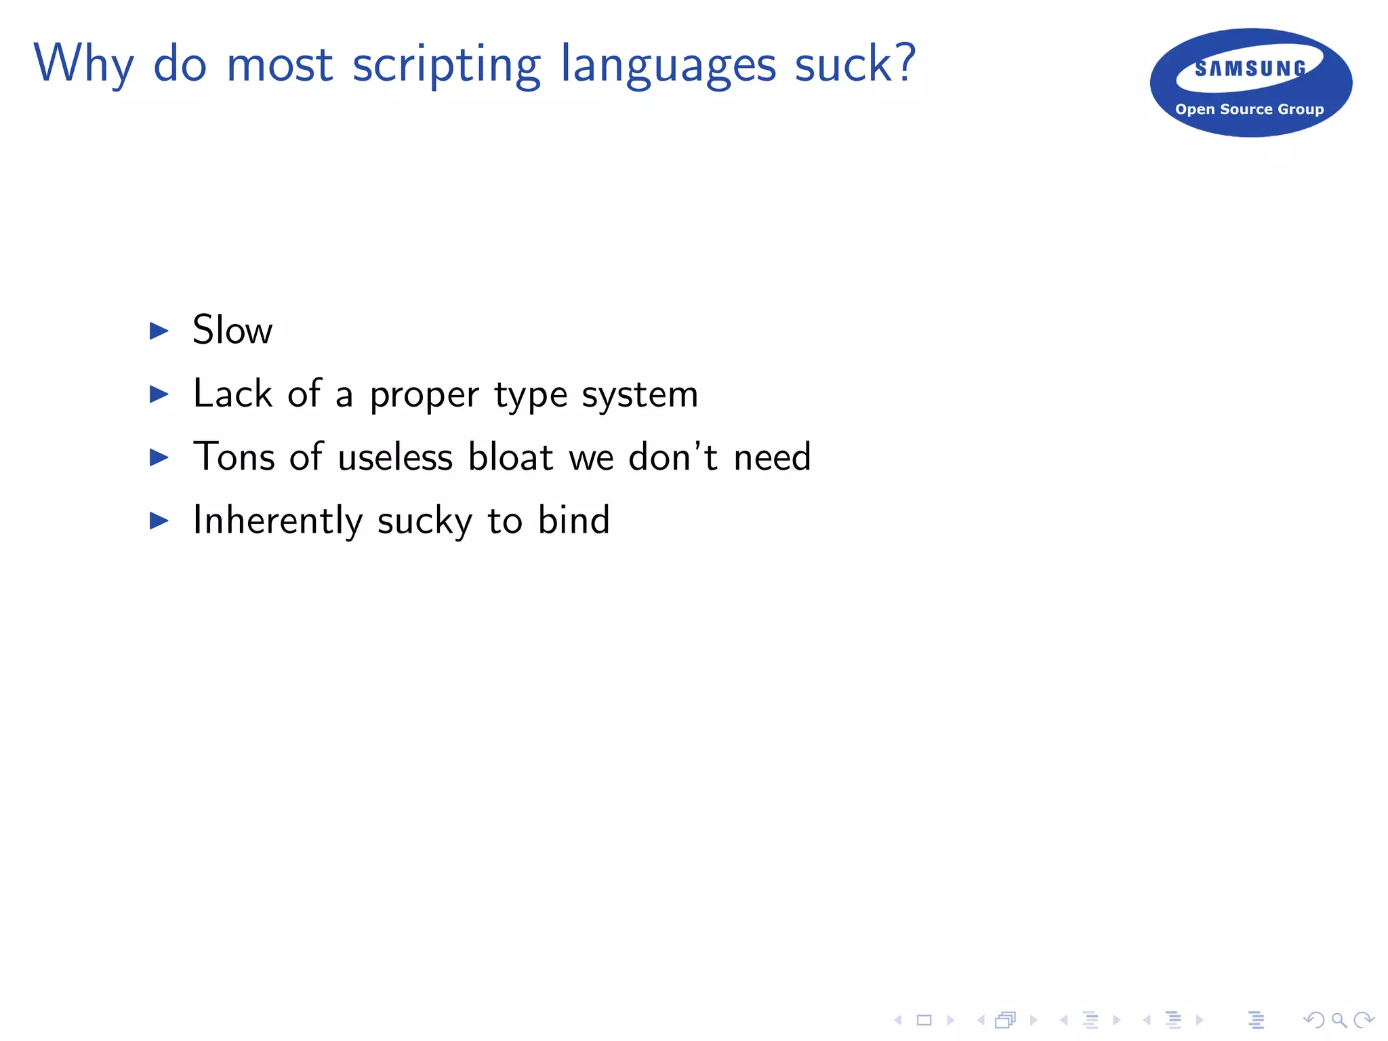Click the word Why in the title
(83, 64)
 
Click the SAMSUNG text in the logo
(1250, 68)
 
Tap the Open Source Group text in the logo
(1249, 109)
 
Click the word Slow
(232, 330)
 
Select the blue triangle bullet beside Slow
(159, 331)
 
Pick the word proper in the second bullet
(424, 395)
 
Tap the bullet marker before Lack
(159, 394)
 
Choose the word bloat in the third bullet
(510, 457)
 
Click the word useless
(395, 457)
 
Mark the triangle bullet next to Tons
(159, 457)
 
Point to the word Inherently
(278, 520)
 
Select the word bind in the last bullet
(574, 520)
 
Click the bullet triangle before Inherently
(159, 520)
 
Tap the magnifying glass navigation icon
(1339, 1020)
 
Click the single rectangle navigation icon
(924, 1020)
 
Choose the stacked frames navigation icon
(1006, 1020)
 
